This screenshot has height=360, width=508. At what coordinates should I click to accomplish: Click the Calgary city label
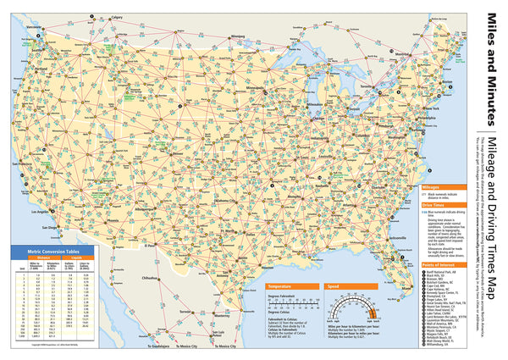point(115,14)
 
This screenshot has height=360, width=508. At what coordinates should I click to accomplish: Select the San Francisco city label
point(23,162)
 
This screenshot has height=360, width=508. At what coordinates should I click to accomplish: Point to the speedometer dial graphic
point(366,312)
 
